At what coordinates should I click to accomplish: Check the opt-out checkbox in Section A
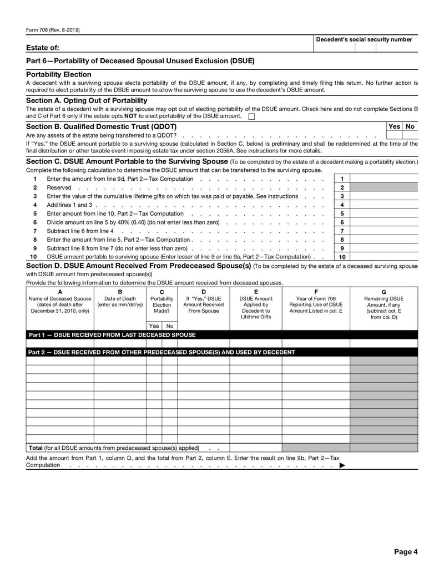[251, 116]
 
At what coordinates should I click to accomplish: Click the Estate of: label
[43, 48]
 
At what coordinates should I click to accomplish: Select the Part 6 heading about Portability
[140, 60]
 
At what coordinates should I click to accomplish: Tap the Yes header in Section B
[394, 126]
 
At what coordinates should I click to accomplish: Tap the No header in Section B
[410, 126]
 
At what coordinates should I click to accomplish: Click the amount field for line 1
[385, 179]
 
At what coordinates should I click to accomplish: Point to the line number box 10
[342, 257]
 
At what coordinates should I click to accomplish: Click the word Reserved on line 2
[59, 187]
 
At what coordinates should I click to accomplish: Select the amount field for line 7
[385, 231]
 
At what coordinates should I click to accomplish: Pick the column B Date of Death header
[120, 301]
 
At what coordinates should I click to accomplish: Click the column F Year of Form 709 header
[316, 304]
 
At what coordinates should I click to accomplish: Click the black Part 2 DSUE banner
[162, 352]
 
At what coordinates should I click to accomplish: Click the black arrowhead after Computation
[342, 465]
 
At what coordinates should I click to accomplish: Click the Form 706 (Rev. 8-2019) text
[53, 30]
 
